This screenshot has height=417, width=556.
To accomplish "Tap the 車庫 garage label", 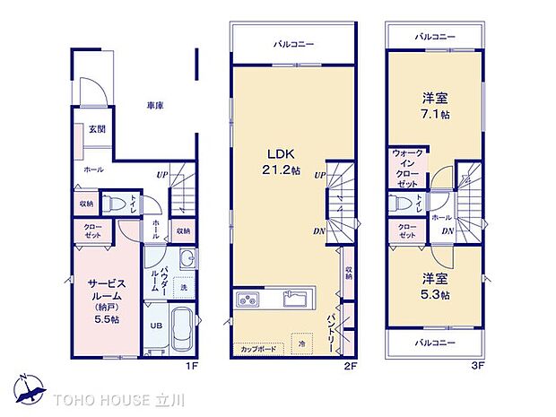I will (x=155, y=106).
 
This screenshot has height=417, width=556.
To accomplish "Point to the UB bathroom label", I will (x=155, y=326).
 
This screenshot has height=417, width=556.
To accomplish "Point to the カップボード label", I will (x=257, y=348).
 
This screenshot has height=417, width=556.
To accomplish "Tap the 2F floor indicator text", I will (x=354, y=365).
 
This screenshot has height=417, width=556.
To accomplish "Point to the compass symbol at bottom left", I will (x=26, y=387).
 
